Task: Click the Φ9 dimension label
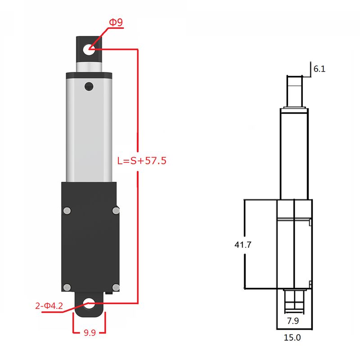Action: point(116,22)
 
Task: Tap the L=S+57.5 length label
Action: point(142,161)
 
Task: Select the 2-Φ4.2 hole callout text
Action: point(49,306)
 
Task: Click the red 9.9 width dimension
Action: point(90,333)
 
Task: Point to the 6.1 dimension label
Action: point(319,69)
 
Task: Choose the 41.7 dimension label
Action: point(243,245)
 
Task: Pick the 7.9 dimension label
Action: point(293,321)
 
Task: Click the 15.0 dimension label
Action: point(292,337)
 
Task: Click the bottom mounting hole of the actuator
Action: point(89,303)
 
